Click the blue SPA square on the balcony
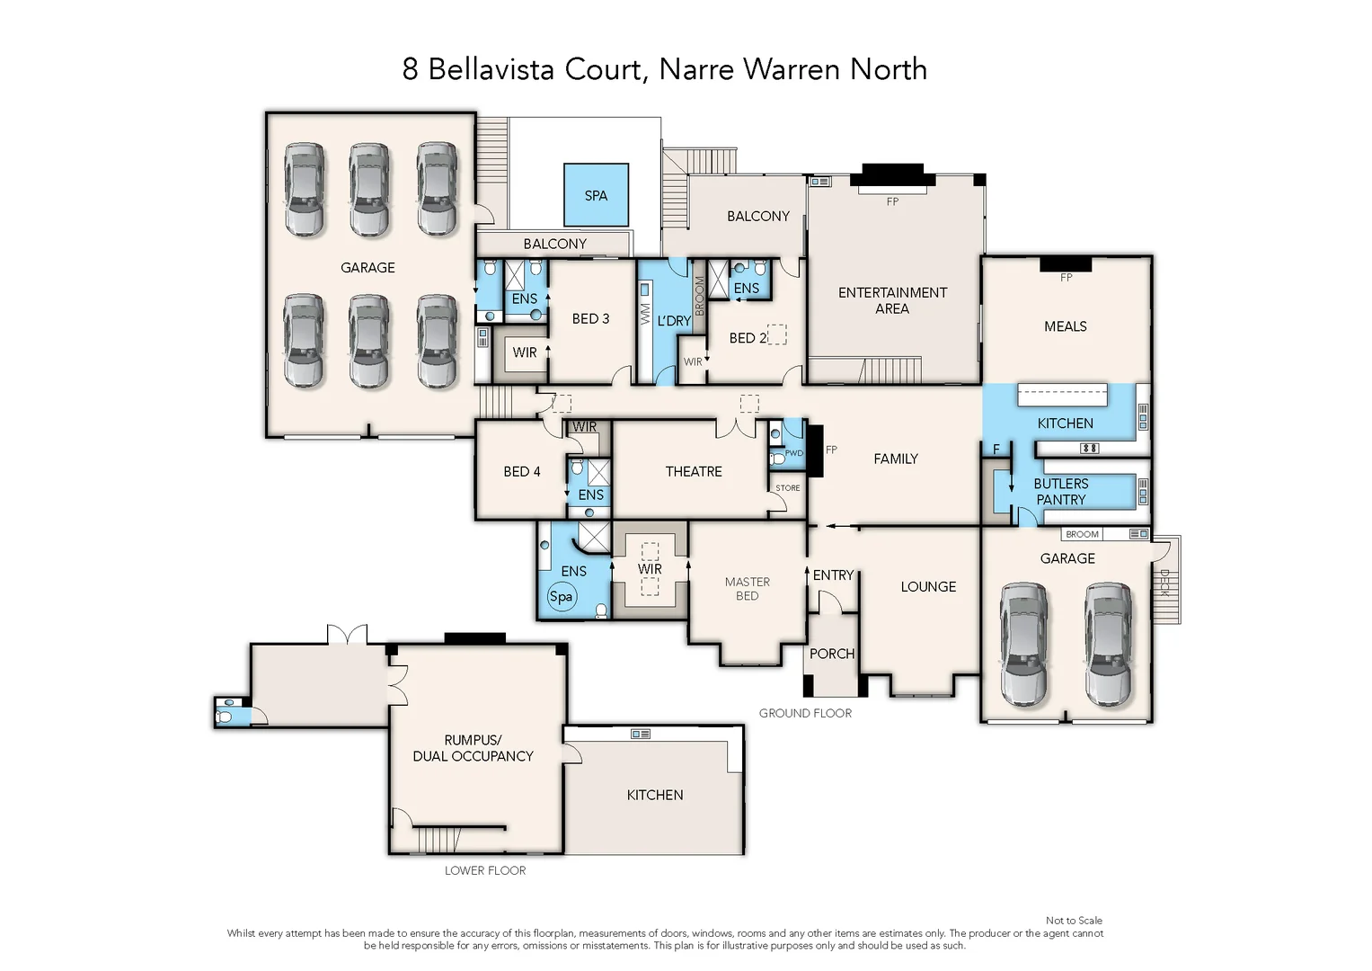pos(596,195)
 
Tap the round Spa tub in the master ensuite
pos(561,596)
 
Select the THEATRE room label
pos(693,471)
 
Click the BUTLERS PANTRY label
pos(1060,492)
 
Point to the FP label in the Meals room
pos(1066,278)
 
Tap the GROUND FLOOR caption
pos(805,713)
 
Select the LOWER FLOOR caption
pos(485,870)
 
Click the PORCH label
pos(832,654)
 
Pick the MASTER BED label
pos(748,589)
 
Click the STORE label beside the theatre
pos(788,488)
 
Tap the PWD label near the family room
pos(793,453)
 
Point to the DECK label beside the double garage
pos(1164,583)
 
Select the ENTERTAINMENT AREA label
pos(892,300)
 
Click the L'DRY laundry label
pos(674,321)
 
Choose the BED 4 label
pos(522,471)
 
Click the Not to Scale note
pos(1074,920)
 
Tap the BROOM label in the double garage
pos(1082,534)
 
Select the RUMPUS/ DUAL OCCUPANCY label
pos(473,748)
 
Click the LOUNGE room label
pos(928,586)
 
